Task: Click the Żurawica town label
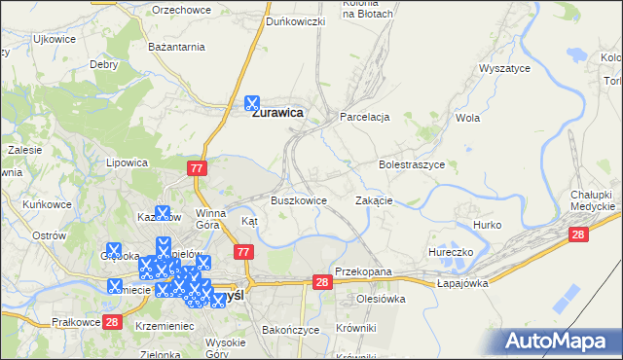coord(278,113)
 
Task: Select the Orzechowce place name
coord(181,9)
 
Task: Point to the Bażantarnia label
coord(175,46)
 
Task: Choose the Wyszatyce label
coord(503,69)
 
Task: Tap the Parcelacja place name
coord(364,117)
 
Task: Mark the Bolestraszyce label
coord(411,165)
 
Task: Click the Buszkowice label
coord(298,200)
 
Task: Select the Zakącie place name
coord(374,200)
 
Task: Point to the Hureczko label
coord(451,252)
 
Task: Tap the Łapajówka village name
coord(461,282)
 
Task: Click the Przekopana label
coord(362,272)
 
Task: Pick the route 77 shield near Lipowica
coord(198,168)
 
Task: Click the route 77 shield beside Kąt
coord(244,252)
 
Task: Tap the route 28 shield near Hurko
coord(579,234)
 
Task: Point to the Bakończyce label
coord(290,330)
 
